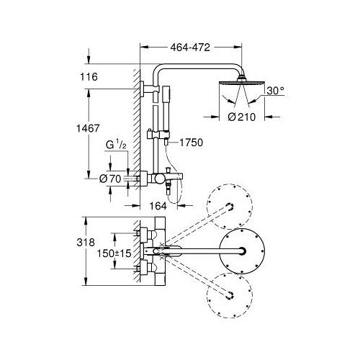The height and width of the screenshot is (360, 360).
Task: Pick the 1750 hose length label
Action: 192,143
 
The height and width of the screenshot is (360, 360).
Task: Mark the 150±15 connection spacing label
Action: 114,253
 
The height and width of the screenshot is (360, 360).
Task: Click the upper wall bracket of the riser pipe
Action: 148,89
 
